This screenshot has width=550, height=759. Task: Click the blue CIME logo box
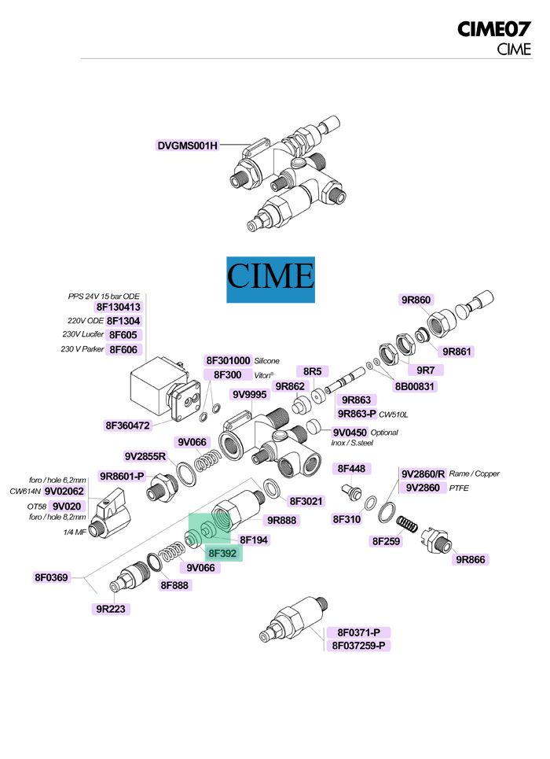coord(270,279)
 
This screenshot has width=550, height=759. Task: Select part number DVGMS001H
coord(187,146)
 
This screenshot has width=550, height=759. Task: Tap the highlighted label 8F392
coord(224,553)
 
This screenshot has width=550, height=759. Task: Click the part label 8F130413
coord(118,308)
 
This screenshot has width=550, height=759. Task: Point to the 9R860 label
coord(416,300)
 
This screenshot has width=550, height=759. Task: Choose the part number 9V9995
coord(249,394)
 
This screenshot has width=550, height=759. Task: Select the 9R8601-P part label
coord(123,476)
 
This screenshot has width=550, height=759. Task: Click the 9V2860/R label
coord(423,474)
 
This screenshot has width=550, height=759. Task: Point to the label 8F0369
coord(52,577)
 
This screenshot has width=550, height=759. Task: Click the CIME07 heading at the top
coord(494,30)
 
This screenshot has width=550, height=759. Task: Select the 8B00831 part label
coord(415,386)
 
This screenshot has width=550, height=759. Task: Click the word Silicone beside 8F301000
coord(266,361)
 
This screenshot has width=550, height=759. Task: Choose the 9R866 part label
coord(471,559)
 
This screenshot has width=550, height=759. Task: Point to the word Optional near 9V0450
coord(384,433)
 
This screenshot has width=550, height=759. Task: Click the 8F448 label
coord(352,469)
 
